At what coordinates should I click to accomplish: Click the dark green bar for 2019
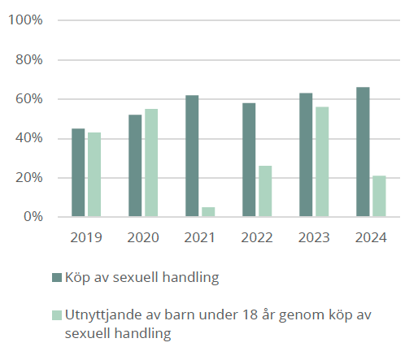tap(78, 173)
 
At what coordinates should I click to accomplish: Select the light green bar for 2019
tap(94, 175)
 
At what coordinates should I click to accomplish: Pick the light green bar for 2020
tap(151, 163)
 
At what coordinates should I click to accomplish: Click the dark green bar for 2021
tap(192, 156)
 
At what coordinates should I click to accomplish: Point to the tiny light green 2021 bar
tap(208, 212)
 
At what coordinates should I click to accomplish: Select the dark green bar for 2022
tap(249, 160)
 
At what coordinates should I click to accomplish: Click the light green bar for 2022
tap(265, 192)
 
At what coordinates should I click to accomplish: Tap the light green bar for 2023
tap(322, 162)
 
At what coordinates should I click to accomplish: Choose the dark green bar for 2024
tap(363, 152)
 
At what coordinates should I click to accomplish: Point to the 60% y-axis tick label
tap(28, 99)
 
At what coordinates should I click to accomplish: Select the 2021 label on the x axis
tap(200, 238)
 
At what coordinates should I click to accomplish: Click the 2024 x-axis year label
tap(371, 238)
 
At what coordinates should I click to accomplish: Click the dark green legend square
tap(56, 278)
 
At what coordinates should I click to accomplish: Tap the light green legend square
tap(56, 314)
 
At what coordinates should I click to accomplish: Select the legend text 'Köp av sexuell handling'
tap(142, 278)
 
